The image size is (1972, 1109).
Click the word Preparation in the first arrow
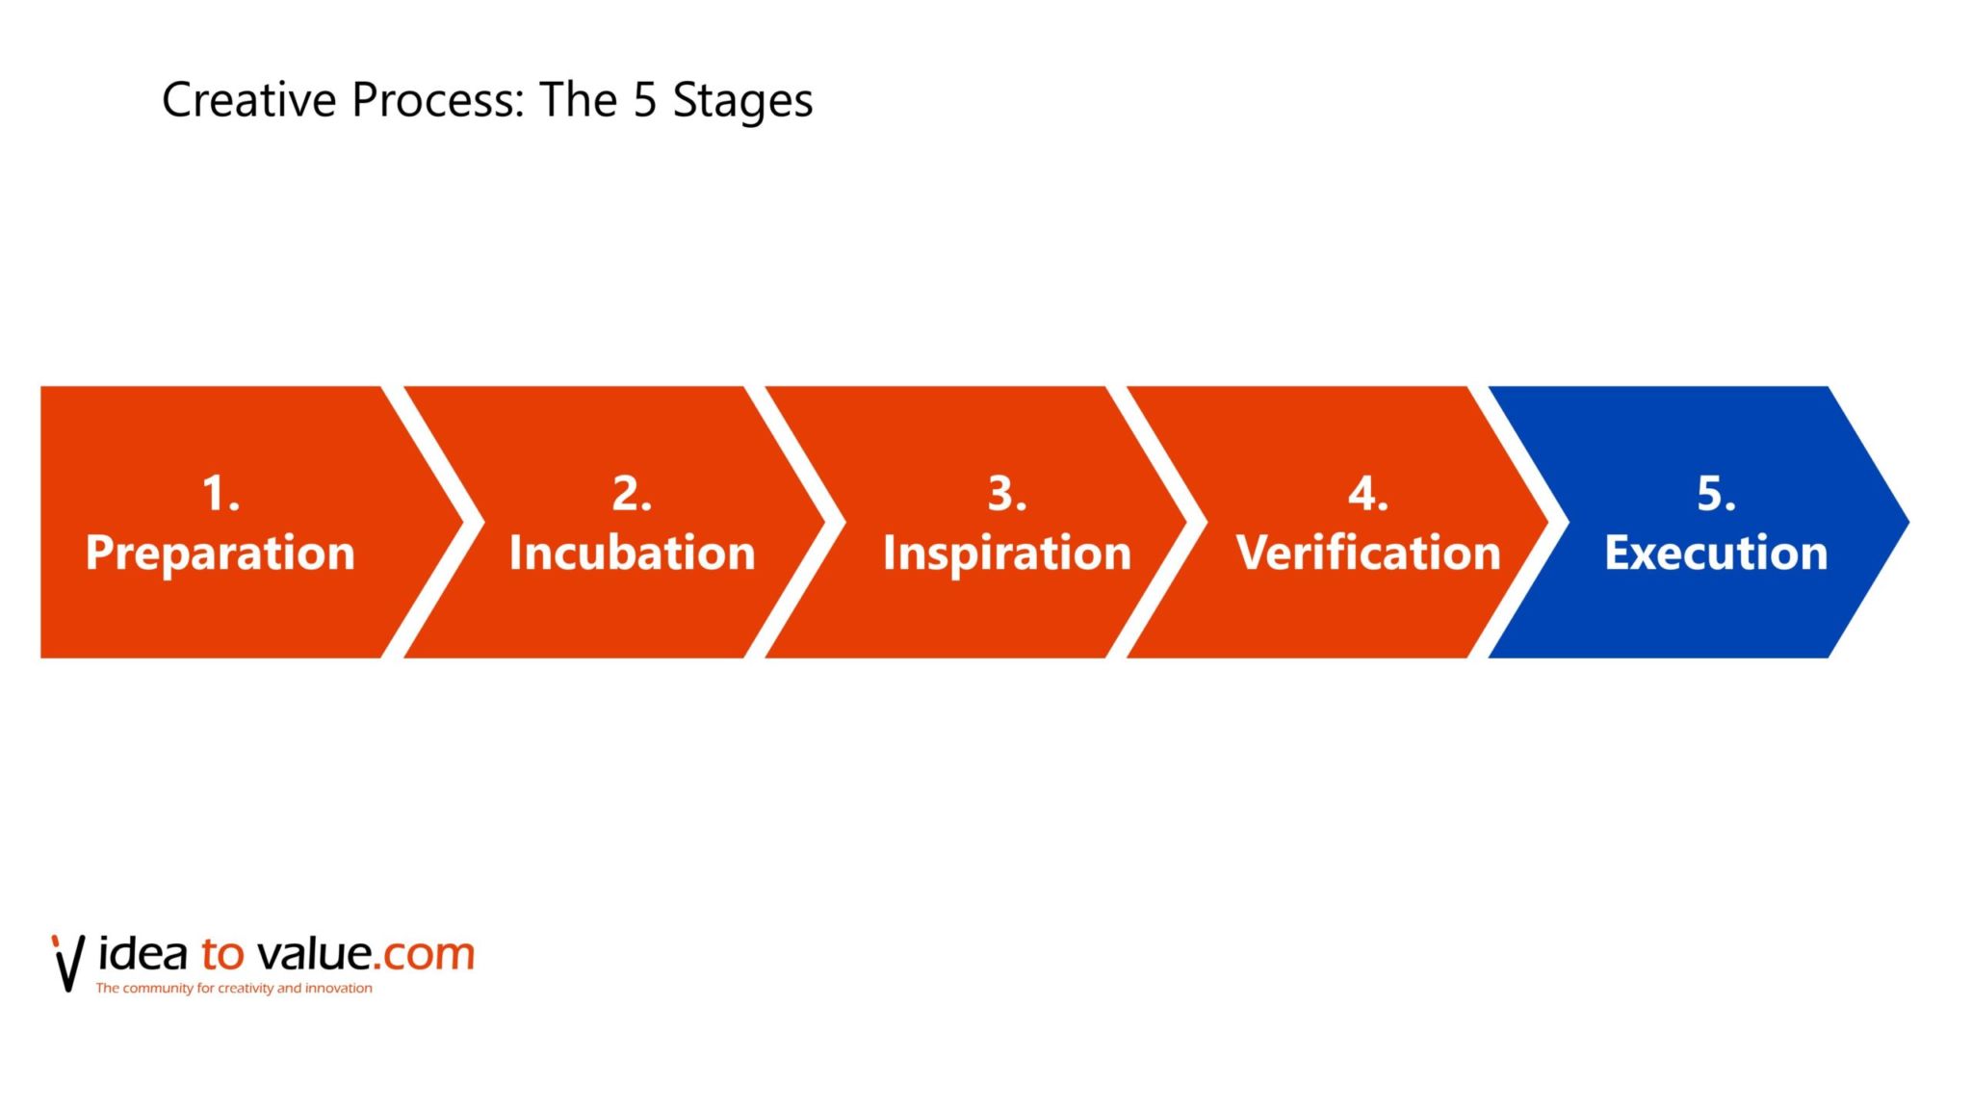[220, 554]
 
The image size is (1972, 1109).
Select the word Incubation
[632, 554]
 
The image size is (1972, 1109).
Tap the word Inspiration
[1007, 554]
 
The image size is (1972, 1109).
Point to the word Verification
[1368, 554]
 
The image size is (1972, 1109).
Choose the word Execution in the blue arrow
[1716, 554]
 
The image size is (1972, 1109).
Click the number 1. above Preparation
[221, 494]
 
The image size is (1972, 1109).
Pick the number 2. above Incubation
[632, 494]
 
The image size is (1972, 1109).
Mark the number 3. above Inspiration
[1007, 494]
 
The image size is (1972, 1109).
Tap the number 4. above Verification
[1368, 494]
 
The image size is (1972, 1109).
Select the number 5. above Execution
[1716, 494]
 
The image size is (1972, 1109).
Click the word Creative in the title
[248, 100]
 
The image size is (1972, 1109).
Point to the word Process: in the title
[438, 100]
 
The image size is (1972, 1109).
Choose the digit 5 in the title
[644, 100]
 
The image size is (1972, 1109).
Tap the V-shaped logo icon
[68, 962]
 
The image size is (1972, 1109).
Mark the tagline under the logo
[234, 989]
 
